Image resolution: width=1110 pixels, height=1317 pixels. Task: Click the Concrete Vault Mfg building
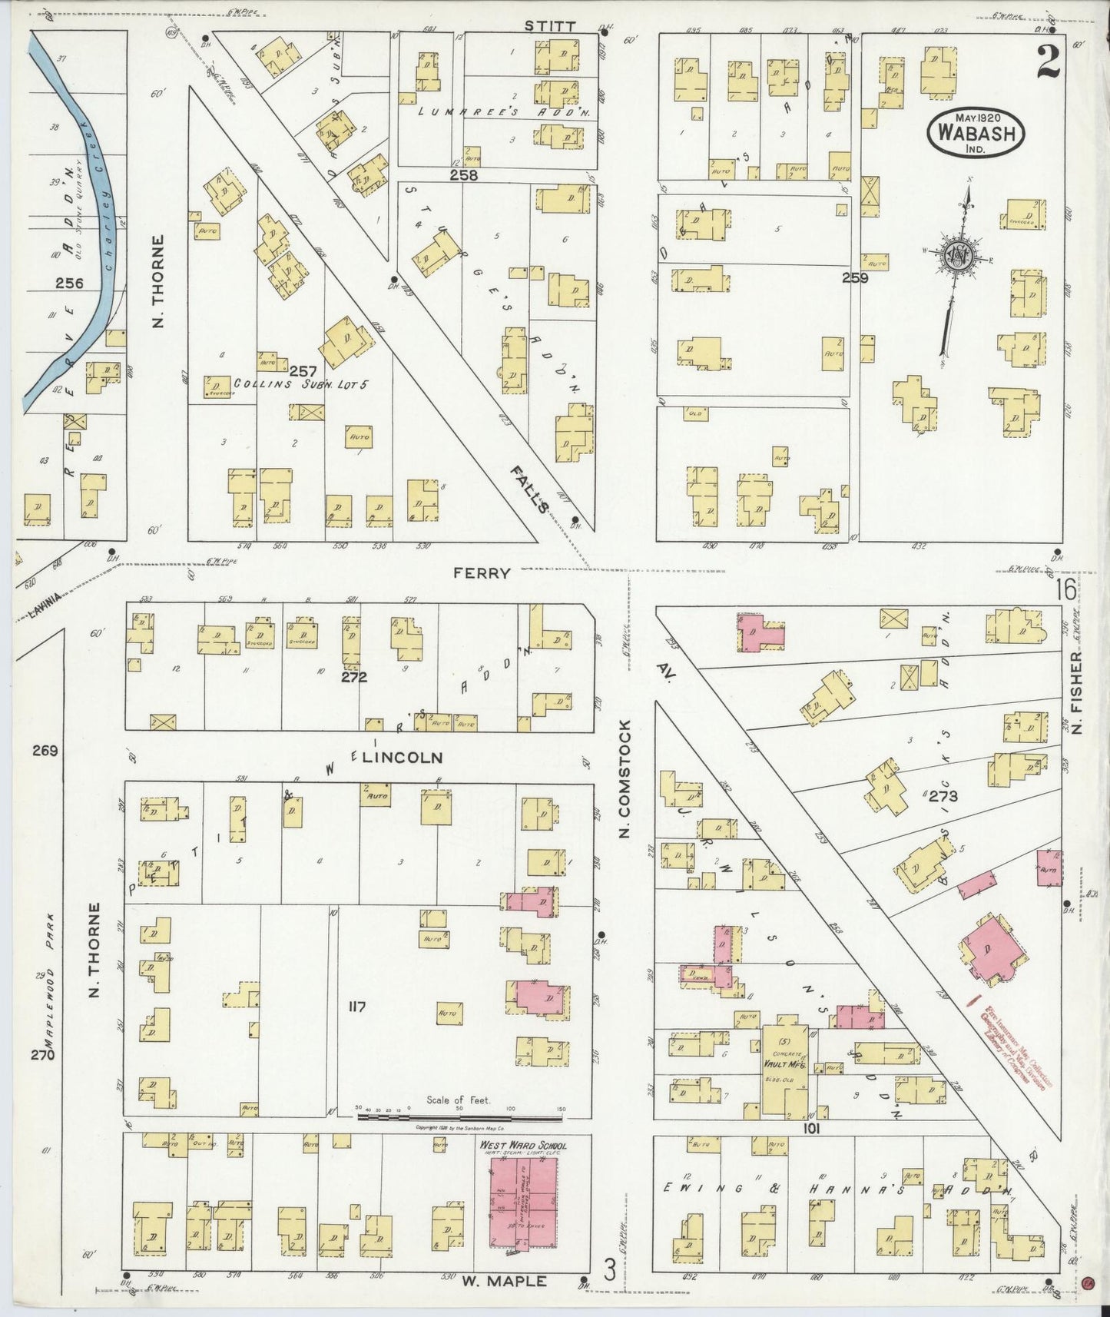click(x=784, y=1067)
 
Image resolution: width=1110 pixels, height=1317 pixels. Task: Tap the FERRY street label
click(x=482, y=573)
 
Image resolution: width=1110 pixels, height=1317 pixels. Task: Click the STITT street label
click(x=549, y=26)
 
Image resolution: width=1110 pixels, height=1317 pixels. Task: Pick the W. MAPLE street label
click(x=505, y=1281)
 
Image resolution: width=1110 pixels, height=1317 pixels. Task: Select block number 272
click(x=354, y=677)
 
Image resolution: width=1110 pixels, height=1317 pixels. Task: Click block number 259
click(x=854, y=278)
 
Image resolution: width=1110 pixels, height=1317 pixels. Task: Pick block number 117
click(x=356, y=1007)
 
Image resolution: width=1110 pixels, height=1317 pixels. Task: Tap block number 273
click(x=943, y=797)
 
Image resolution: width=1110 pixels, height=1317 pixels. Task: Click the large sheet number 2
click(x=1047, y=62)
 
